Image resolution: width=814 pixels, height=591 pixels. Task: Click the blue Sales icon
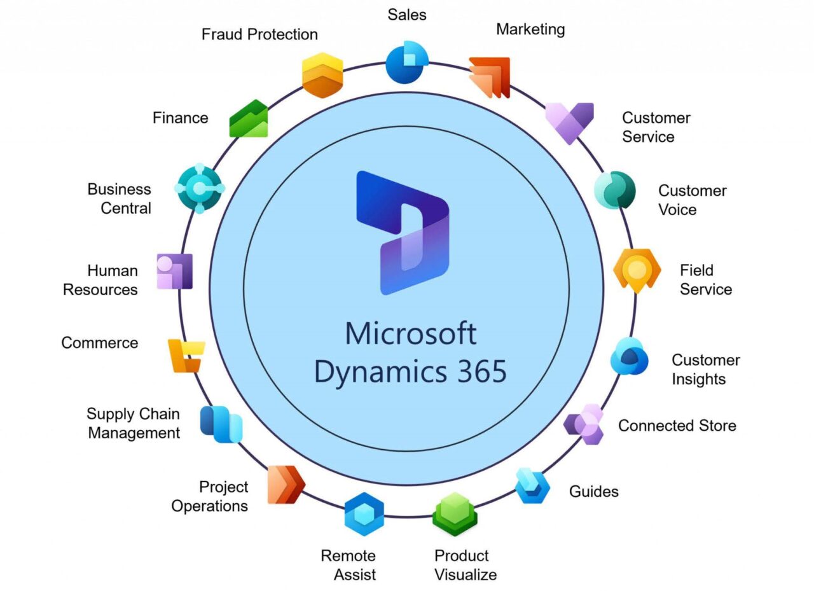point(407,62)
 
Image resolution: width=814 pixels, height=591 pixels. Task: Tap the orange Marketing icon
point(490,77)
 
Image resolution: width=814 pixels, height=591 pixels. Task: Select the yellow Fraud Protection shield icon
point(322,75)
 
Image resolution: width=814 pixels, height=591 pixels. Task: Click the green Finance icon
point(249,119)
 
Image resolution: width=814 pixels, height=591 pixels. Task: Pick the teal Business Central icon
point(199,189)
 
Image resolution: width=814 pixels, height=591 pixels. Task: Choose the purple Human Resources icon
point(174,272)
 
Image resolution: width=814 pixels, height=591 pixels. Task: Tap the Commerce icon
point(186,356)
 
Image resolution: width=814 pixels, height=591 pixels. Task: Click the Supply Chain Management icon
point(221,424)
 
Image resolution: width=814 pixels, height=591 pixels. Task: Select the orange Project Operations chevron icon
point(286,485)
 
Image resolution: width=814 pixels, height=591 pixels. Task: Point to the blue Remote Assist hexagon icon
point(364,515)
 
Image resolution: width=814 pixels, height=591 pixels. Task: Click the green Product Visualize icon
point(455,514)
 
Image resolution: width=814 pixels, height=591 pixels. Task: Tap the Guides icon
point(532,486)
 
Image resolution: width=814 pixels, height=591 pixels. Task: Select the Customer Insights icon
point(629,358)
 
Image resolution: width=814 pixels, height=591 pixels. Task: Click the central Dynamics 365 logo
point(403,232)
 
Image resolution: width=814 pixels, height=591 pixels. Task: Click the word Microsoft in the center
point(410,333)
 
